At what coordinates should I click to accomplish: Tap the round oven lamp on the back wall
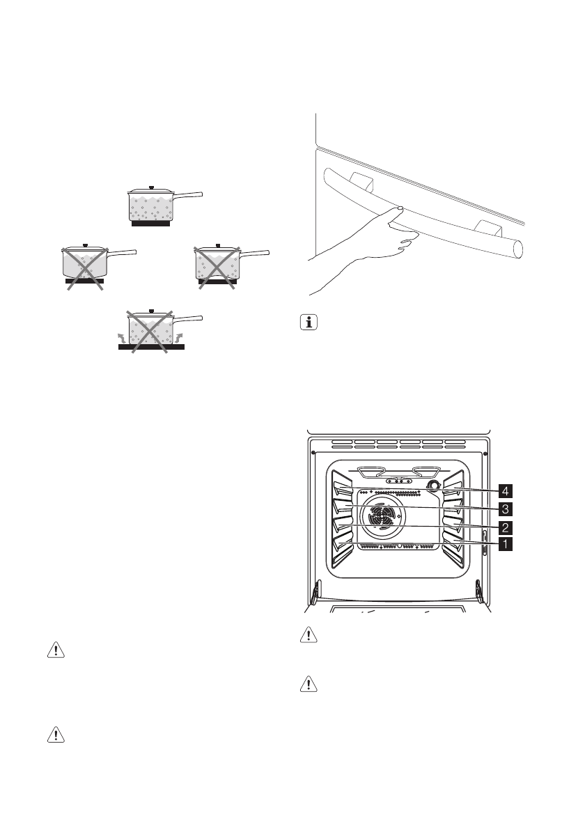[433, 486]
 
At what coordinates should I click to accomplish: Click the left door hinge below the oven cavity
[316, 592]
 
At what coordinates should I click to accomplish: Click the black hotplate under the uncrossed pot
[150, 224]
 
